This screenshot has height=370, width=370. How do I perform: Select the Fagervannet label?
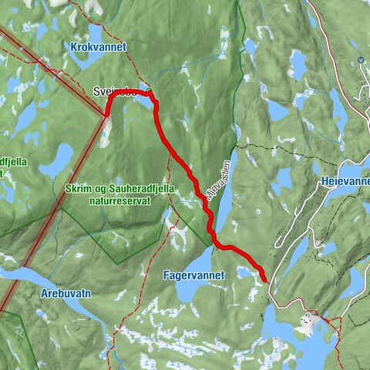coord(193,274)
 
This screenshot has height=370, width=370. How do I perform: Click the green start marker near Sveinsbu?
coord(146,92)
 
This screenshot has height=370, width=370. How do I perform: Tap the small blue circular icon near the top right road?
coord(361,61)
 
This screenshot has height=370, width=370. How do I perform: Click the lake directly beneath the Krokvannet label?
coord(92,65)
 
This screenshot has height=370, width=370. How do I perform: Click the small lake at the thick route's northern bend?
coord(143,87)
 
